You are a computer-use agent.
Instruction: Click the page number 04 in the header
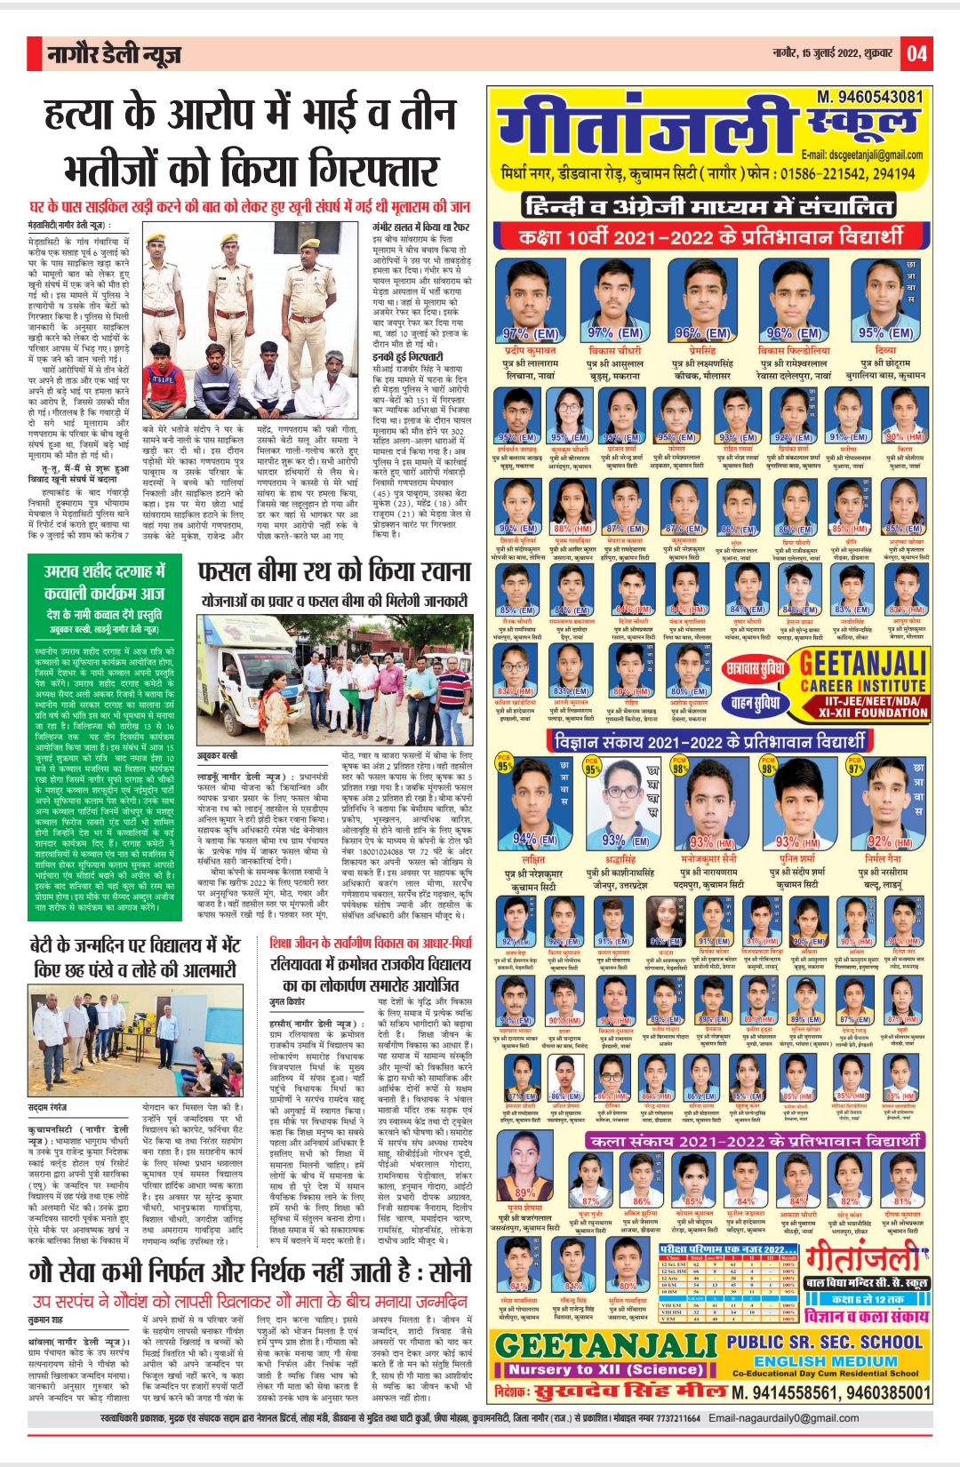tap(916, 55)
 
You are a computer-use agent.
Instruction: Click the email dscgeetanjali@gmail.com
tap(861, 155)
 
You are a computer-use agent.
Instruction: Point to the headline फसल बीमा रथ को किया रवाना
tap(333, 570)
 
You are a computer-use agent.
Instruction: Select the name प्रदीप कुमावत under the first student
tap(530, 351)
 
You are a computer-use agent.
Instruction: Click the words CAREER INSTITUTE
tap(863, 686)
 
